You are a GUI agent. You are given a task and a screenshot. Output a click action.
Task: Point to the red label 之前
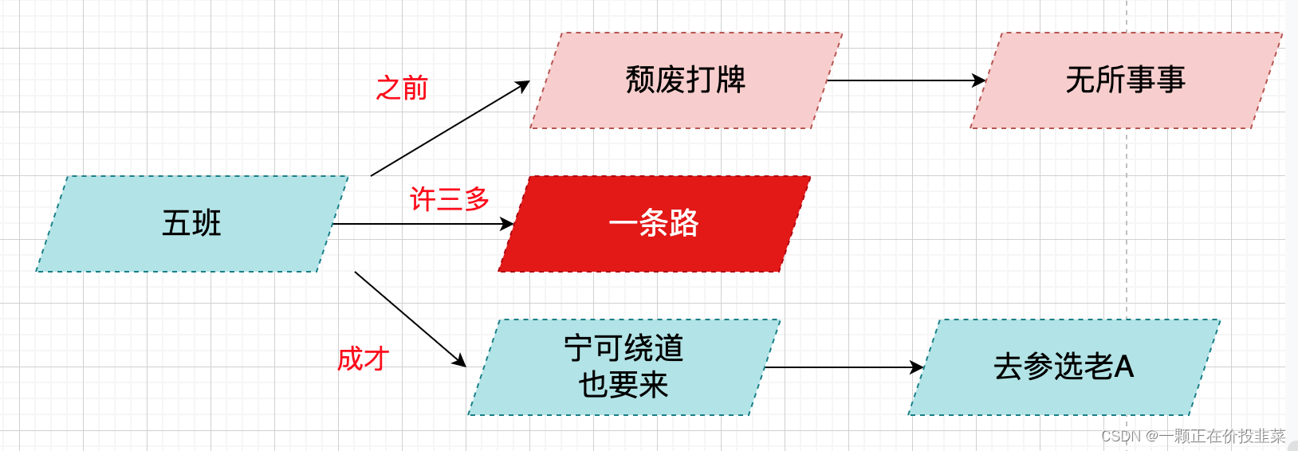pos(402,88)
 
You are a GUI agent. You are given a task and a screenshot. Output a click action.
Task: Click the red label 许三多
pos(449,198)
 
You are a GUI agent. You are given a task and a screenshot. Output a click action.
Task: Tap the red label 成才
pos(363,359)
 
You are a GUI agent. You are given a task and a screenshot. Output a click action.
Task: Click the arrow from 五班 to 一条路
pos(423,224)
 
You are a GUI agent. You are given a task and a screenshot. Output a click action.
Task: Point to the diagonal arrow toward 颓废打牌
pos(450,128)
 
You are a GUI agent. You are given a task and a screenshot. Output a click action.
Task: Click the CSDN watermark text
pos(1193,436)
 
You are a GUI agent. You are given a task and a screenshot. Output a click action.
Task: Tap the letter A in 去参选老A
pos(1123,367)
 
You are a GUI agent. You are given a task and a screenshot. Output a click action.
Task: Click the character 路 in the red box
pos(683,223)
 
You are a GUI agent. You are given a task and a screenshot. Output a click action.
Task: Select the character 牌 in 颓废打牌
pos(730,80)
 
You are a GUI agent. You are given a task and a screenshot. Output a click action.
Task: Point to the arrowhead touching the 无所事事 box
pos(980,80)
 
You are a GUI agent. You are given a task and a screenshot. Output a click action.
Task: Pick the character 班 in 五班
pos(206,223)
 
